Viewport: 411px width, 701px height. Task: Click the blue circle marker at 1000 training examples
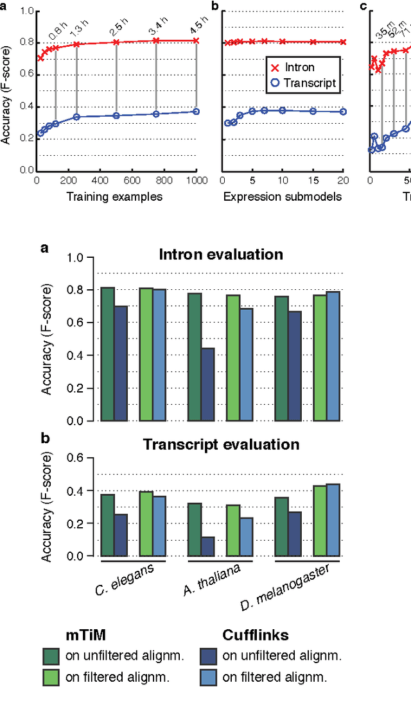tap(196, 112)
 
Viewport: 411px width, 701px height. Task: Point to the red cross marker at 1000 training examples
tap(196, 40)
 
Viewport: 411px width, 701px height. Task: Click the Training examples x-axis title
tap(114, 197)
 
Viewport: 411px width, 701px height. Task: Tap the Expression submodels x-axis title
tap(283, 197)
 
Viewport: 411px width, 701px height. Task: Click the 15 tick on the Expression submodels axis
tap(313, 180)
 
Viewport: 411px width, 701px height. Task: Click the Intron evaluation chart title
tap(221, 254)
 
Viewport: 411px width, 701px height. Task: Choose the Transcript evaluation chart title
tap(221, 444)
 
